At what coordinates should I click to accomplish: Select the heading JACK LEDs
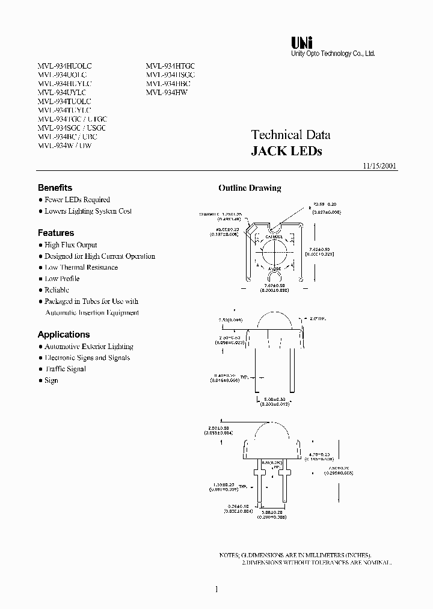pyautogui.click(x=286, y=152)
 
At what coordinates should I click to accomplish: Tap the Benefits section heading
pyautogui.click(x=55, y=188)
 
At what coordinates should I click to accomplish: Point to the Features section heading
pyautogui.click(x=56, y=233)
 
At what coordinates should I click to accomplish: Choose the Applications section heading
pyautogui.click(x=64, y=335)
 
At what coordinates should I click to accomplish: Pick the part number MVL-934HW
pyautogui.click(x=167, y=93)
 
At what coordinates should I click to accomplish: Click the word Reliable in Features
pyautogui.click(x=57, y=290)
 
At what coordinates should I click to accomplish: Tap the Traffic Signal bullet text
pyautogui.click(x=66, y=369)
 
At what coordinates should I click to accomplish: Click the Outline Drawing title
pyautogui.click(x=250, y=188)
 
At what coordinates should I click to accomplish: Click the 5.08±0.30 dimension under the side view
pyautogui.click(x=274, y=399)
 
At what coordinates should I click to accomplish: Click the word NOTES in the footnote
pyautogui.click(x=229, y=555)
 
